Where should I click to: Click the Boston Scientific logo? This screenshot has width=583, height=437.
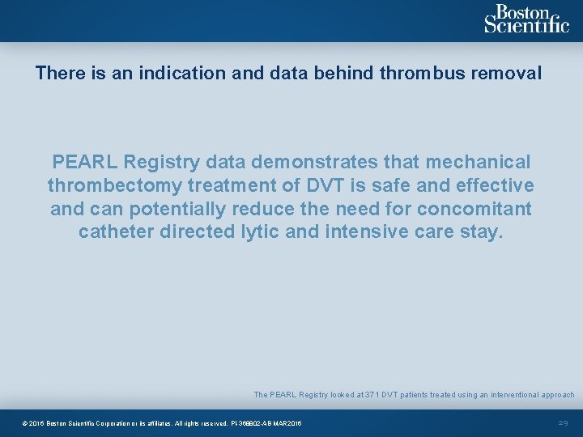526,19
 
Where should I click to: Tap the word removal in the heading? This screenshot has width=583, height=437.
511,73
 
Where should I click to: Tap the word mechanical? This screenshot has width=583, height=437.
471,162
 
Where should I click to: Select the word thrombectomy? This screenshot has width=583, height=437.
115,185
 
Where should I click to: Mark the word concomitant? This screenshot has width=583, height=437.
474,209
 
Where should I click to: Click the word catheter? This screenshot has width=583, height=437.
113,232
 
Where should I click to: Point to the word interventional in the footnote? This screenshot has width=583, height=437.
508,395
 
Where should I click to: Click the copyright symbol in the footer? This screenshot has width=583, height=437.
25,424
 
